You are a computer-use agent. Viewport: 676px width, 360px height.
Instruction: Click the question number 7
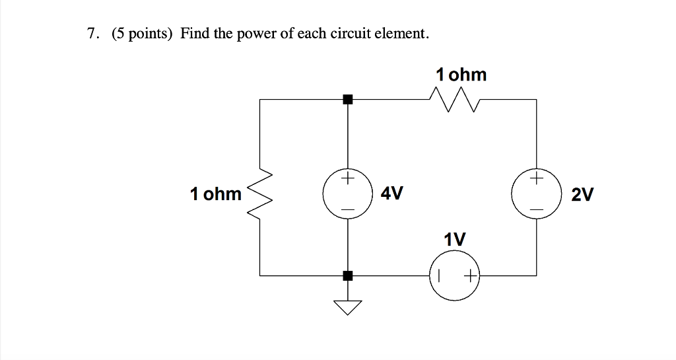(91, 34)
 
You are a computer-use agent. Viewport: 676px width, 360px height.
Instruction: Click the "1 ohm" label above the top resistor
(461, 75)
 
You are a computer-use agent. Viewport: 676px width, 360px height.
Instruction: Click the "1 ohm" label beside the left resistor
(216, 194)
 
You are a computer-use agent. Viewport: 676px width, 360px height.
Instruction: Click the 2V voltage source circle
(536, 194)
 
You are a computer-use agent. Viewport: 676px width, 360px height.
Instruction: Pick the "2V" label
(583, 195)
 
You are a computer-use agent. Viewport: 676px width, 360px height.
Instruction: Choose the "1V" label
(454, 238)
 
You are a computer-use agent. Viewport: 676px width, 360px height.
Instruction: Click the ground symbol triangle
(348, 306)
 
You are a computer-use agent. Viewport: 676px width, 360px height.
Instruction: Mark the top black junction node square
(348, 100)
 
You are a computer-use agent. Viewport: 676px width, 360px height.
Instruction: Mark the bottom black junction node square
(348, 275)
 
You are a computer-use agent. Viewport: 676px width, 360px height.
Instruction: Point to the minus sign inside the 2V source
(536, 210)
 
